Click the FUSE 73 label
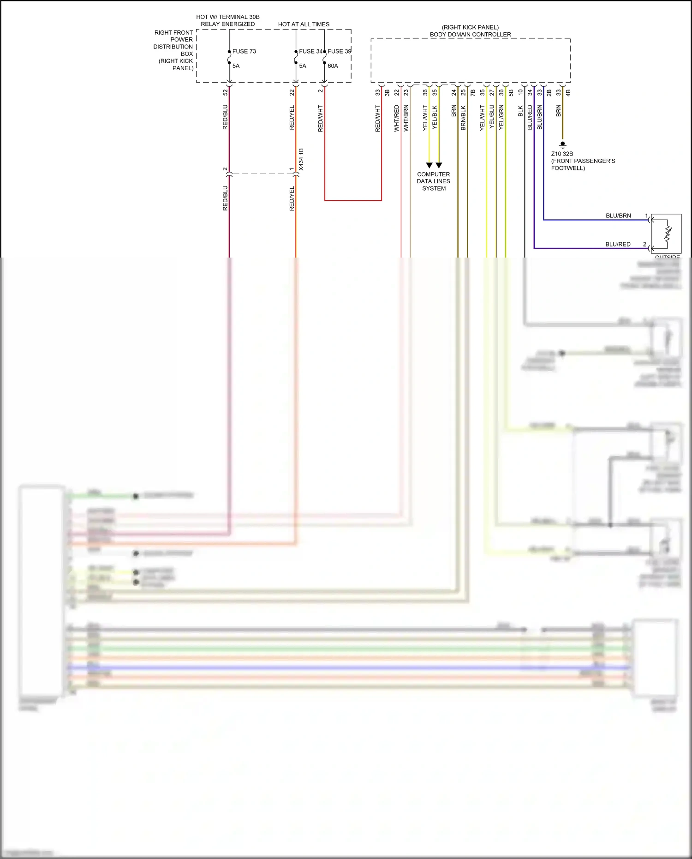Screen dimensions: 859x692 (x=244, y=51)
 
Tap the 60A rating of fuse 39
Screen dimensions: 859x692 (x=333, y=66)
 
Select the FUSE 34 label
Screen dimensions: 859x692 (x=310, y=51)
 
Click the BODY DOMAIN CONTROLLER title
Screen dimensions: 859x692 (x=470, y=35)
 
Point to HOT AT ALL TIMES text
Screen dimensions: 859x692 (x=304, y=24)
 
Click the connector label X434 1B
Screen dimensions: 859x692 (x=301, y=159)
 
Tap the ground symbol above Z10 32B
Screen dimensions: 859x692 (x=562, y=144)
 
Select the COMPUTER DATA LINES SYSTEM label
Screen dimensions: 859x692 (x=433, y=181)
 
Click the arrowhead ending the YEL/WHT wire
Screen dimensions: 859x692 (x=429, y=165)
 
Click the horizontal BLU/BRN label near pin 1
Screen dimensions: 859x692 (x=618, y=216)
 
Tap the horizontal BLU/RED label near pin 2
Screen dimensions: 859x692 (x=618, y=244)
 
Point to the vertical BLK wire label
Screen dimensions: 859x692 (x=520, y=111)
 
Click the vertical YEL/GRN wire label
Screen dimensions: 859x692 (x=501, y=117)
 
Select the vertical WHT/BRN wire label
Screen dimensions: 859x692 (x=406, y=118)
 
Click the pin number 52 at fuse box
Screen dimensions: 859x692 (x=225, y=92)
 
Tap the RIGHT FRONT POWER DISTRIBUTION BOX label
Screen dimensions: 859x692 (x=173, y=50)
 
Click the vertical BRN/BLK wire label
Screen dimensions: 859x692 (x=463, y=118)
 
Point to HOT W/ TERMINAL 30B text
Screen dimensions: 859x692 (x=228, y=17)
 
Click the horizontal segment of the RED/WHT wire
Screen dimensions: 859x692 (x=353, y=200)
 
